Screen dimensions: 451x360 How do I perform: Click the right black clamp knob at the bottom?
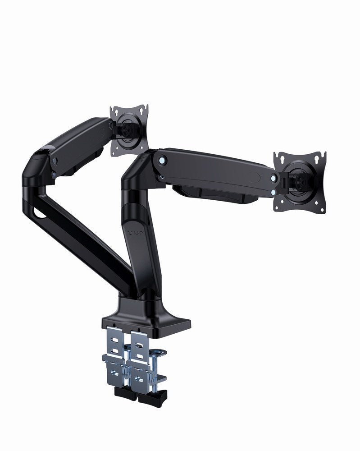[151, 397]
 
